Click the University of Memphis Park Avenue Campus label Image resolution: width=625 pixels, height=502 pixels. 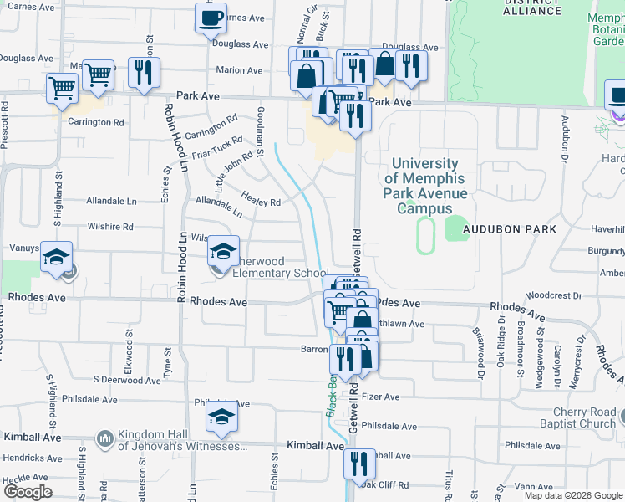click(x=424, y=187)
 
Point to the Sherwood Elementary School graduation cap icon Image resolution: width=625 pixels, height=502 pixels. click(x=223, y=250)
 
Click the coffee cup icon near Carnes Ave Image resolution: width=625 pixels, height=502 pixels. click(x=211, y=18)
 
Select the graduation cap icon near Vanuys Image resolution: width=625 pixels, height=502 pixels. click(x=57, y=257)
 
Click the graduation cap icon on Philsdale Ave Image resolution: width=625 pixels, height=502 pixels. click(x=221, y=417)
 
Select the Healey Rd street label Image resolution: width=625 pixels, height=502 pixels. click(x=260, y=197)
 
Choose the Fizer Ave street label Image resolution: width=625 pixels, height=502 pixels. click(x=382, y=396)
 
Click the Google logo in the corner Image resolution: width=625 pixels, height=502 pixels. click(x=27, y=492)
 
